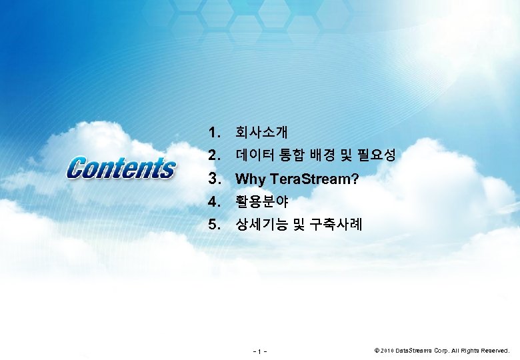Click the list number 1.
(x=214, y=132)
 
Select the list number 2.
(x=214, y=155)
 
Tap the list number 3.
(x=214, y=179)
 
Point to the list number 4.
(x=214, y=201)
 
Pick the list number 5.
(x=214, y=224)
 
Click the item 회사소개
(x=259, y=132)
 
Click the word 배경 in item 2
(x=325, y=155)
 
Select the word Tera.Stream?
(x=313, y=179)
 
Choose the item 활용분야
(x=259, y=201)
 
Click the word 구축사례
(x=335, y=224)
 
